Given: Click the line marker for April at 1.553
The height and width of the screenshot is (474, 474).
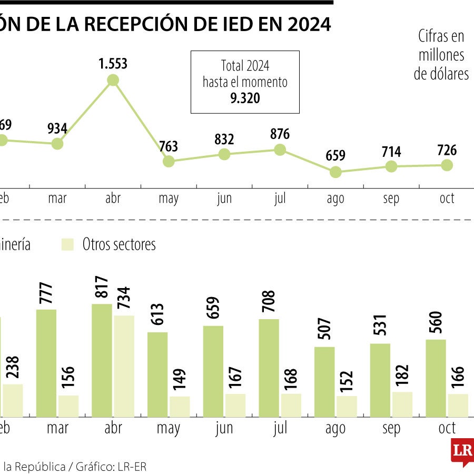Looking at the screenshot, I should click(x=113, y=80).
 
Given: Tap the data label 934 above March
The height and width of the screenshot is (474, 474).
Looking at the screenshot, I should click(x=57, y=128).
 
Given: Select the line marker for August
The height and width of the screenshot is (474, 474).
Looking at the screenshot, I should click(x=335, y=172).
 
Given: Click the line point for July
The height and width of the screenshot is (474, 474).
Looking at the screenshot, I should click(x=280, y=150).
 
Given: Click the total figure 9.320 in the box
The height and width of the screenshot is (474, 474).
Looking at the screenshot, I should click(x=245, y=98).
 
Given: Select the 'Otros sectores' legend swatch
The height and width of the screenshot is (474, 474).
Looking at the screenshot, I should click(x=68, y=244).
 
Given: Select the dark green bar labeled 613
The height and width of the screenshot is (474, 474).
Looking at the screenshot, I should click(x=157, y=374).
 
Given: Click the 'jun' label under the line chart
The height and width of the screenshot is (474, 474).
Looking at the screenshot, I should click(x=224, y=199).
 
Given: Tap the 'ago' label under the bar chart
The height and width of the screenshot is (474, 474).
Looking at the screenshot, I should click(x=335, y=428).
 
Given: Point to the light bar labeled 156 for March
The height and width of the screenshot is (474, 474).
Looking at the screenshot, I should click(x=68, y=406).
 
